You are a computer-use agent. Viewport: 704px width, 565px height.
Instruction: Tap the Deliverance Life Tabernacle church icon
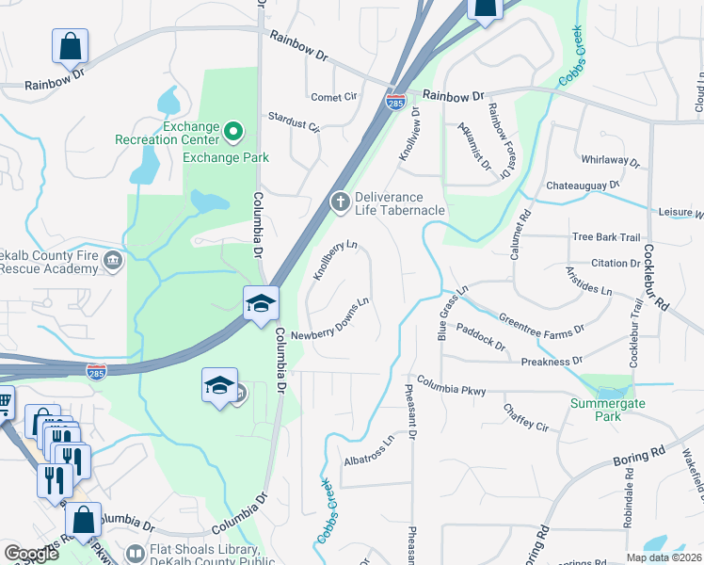click(339, 201)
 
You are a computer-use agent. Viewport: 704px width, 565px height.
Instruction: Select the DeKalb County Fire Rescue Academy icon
click(113, 260)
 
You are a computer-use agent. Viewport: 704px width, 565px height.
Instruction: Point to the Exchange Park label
click(226, 157)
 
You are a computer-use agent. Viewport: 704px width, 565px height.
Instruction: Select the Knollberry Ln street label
click(336, 259)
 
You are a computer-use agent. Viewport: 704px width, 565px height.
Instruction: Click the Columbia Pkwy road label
click(452, 384)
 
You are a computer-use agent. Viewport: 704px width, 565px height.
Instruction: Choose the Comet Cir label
click(334, 97)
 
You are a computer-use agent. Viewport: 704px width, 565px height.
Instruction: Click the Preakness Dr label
click(552, 361)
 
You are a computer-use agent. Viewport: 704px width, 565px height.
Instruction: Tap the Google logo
click(31, 554)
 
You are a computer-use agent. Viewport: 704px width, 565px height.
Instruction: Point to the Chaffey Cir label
click(526, 418)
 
